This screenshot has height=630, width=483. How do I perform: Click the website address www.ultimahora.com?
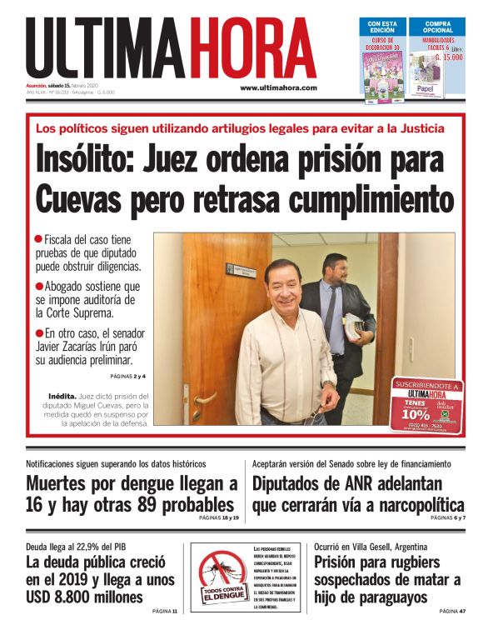click(278, 87)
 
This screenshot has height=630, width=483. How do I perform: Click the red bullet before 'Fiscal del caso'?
click(38, 239)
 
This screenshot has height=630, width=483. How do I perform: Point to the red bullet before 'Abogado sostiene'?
click(38, 286)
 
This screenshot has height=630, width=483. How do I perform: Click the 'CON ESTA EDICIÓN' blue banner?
click(382, 27)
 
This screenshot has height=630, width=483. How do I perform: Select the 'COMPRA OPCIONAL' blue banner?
click(438, 27)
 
